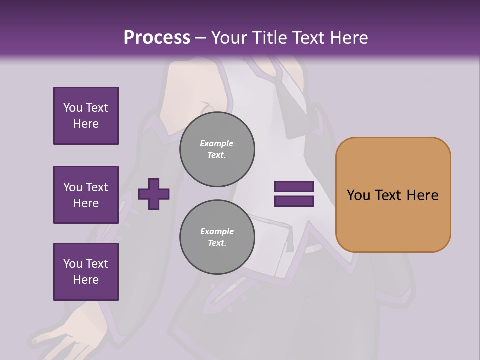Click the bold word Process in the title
tap(157, 38)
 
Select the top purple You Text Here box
tap(86, 116)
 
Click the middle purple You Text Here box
tap(86, 195)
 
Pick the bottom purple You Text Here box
tap(86, 272)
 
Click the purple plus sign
tap(154, 194)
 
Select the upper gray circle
tap(217, 149)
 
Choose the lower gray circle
tap(217, 237)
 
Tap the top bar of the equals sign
tap(294, 187)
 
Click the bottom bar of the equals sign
tap(294, 201)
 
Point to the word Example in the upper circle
tap(217, 144)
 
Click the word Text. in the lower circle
tap(217, 243)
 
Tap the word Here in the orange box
tap(422, 195)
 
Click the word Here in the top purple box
tap(86, 124)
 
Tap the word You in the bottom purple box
tap(73, 264)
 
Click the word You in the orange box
tap(358, 195)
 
